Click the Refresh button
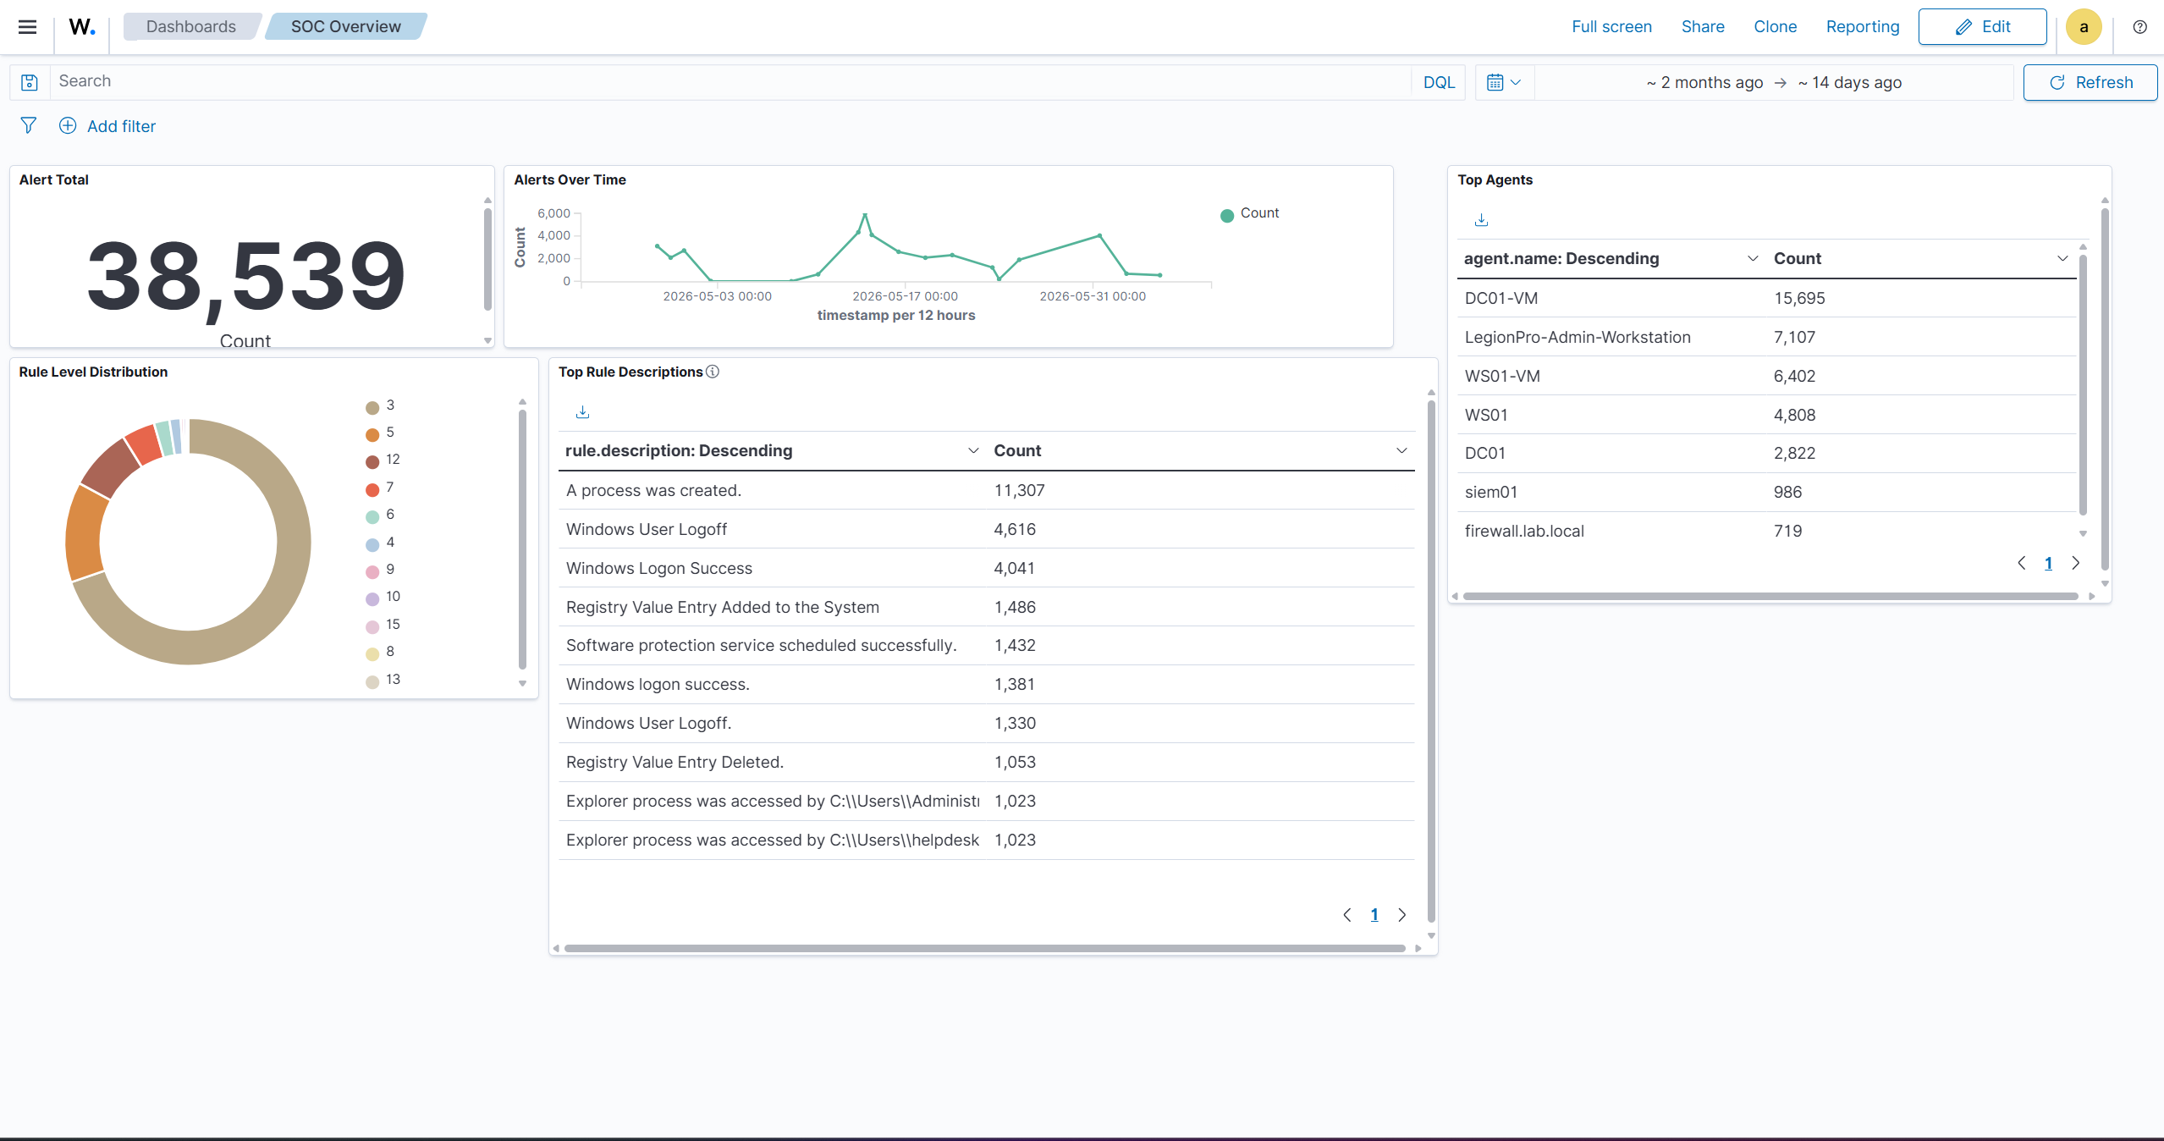click(x=2090, y=82)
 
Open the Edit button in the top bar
click(x=1982, y=27)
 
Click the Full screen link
click(x=1611, y=27)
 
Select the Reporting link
click(x=1863, y=27)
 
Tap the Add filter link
click(x=107, y=126)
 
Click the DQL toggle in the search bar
click(x=1439, y=82)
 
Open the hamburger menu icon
click(x=27, y=27)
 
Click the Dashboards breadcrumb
click(x=191, y=27)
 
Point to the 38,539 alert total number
click(x=246, y=276)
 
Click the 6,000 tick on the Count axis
click(x=553, y=213)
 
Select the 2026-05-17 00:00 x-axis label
click(x=905, y=296)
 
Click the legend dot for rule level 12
click(x=372, y=461)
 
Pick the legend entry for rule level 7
click(x=381, y=488)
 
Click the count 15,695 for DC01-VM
click(x=1799, y=298)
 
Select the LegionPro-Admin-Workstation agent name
click(x=1578, y=337)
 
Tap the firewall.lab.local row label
click(x=1524, y=531)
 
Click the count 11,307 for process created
click(x=1019, y=490)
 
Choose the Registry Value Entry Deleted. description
click(x=675, y=762)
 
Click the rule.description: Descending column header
click(x=679, y=450)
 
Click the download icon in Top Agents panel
click(x=1481, y=220)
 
